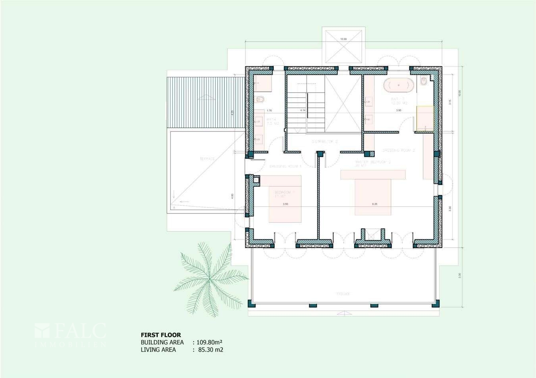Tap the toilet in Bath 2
pos(424,82)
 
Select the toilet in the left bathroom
pos(261,99)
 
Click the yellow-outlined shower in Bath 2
pos(424,118)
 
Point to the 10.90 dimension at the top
pos(343,39)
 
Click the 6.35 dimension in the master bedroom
pos(374,204)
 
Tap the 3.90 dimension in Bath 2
pos(398,110)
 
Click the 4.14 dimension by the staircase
pos(303,110)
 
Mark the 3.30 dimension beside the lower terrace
pos(459,275)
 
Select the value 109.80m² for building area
pos(210,342)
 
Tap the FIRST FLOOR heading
pos(160,335)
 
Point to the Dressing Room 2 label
pos(398,151)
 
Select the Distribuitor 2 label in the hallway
pos(324,141)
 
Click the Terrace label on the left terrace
pos(207,159)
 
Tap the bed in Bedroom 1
pos(285,198)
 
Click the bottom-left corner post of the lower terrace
pos(251,304)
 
